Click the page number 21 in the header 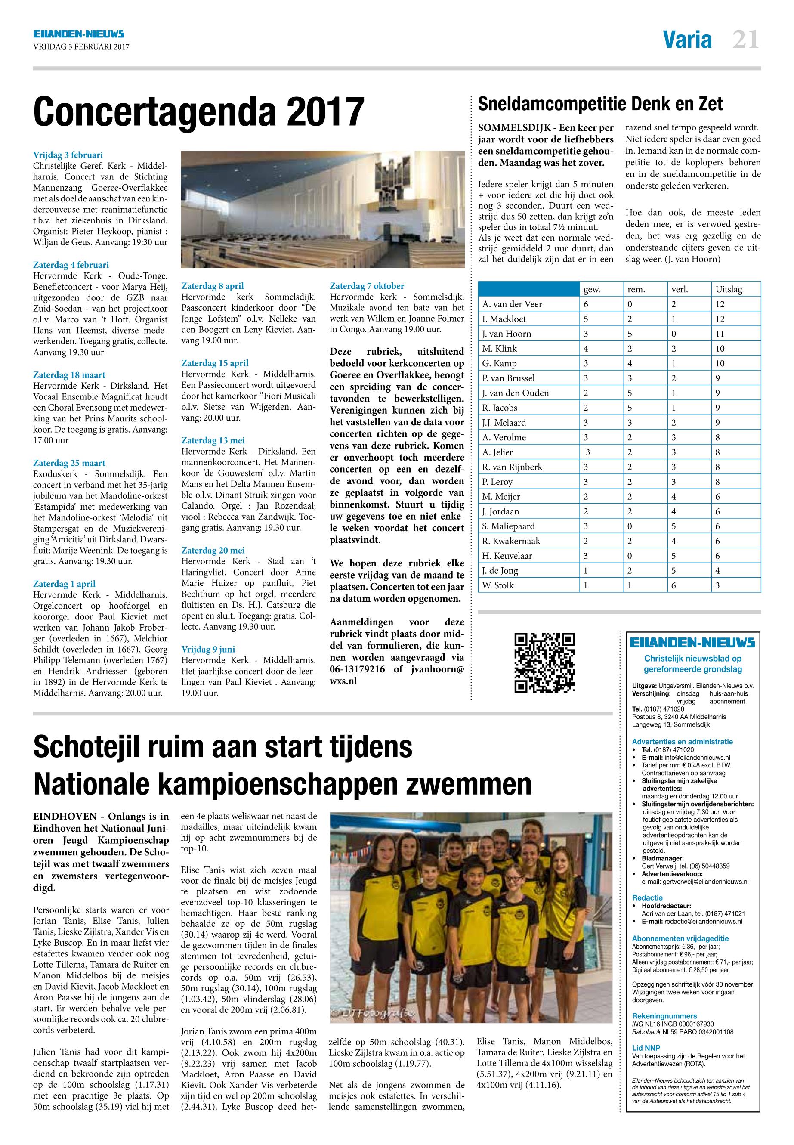tap(745, 40)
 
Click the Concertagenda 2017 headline tap(198, 112)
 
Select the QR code tap(544, 662)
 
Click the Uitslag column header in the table tap(728, 289)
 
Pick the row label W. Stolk tap(498, 585)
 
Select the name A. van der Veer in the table tap(512, 304)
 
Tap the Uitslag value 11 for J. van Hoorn tap(720, 334)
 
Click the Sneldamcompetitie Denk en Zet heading tap(600, 104)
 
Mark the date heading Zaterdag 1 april tap(64, 584)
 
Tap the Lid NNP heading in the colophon tap(646, 1047)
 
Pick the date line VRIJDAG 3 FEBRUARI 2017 tap(81, 47)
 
